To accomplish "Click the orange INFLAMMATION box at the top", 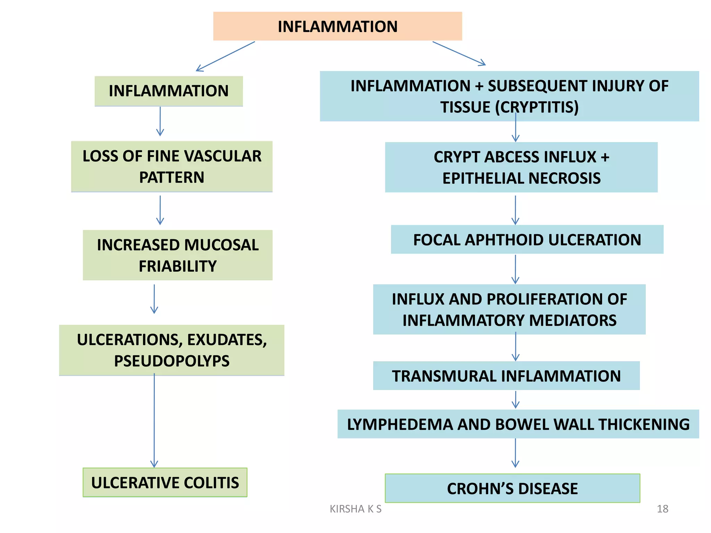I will point(337,26).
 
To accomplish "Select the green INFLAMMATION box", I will point(169,91).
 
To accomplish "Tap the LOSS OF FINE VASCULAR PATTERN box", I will point(172,167).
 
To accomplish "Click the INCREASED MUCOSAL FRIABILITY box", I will point(178,255).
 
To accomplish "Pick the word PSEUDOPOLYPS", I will point(172,361).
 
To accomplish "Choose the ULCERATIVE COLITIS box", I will point(165,482).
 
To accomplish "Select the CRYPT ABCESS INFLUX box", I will point(521,167).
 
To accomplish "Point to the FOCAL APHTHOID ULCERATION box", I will point(527,239).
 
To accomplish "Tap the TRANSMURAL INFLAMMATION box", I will point(506,376).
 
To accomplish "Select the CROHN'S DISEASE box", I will point(512,488).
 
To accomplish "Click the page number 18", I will point(662,509).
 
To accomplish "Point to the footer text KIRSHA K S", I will point(355,509).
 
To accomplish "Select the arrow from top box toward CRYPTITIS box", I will point(459,53).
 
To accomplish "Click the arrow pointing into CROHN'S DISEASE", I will point(516,453).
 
